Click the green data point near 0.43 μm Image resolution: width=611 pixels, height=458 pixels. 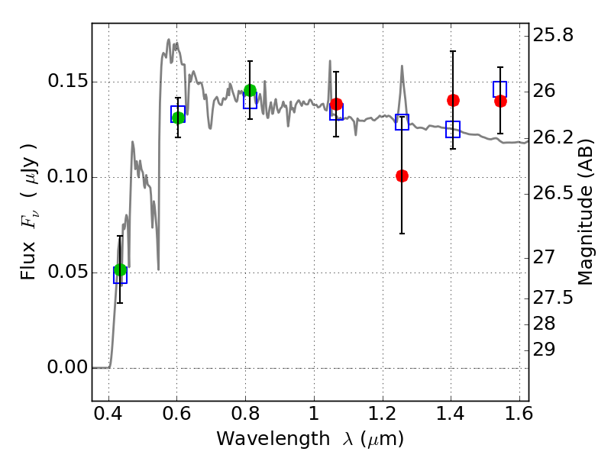(x=121, y=270)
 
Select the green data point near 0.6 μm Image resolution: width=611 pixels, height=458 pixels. (x=178, y=118)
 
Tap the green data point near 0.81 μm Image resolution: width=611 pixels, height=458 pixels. (x=251, y=91)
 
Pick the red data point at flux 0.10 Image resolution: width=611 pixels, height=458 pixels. (x=402, y=176)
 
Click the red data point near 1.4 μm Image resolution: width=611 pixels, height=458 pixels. (x=453, y=101)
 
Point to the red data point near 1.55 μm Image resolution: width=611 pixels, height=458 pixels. (x=500, y=102)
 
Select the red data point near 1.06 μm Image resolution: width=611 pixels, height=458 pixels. (x=336, y=105)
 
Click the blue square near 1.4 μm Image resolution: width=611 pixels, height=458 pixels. (x=453, y=129)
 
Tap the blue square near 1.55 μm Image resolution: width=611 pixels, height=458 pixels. (x=500, y=89)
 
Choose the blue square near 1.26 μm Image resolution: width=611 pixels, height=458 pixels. (x=402, y=122)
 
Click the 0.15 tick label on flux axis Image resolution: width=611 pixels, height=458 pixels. (x=66, y=82)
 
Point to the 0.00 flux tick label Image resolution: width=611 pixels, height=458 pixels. (x=66, y=367)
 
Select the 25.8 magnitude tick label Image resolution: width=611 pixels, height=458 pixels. (x=553, y=35)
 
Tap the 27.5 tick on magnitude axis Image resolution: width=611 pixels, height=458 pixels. (x=553, y=298)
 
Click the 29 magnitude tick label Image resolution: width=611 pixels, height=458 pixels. (x=544, y=350)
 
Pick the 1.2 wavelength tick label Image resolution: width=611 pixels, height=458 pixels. (x=383, y=414)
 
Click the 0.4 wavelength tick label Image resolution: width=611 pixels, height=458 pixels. (x=108, y=414)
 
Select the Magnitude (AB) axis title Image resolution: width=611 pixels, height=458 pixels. (x=584, y=211)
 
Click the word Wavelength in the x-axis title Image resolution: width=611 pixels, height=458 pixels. (x=273, y=439)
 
